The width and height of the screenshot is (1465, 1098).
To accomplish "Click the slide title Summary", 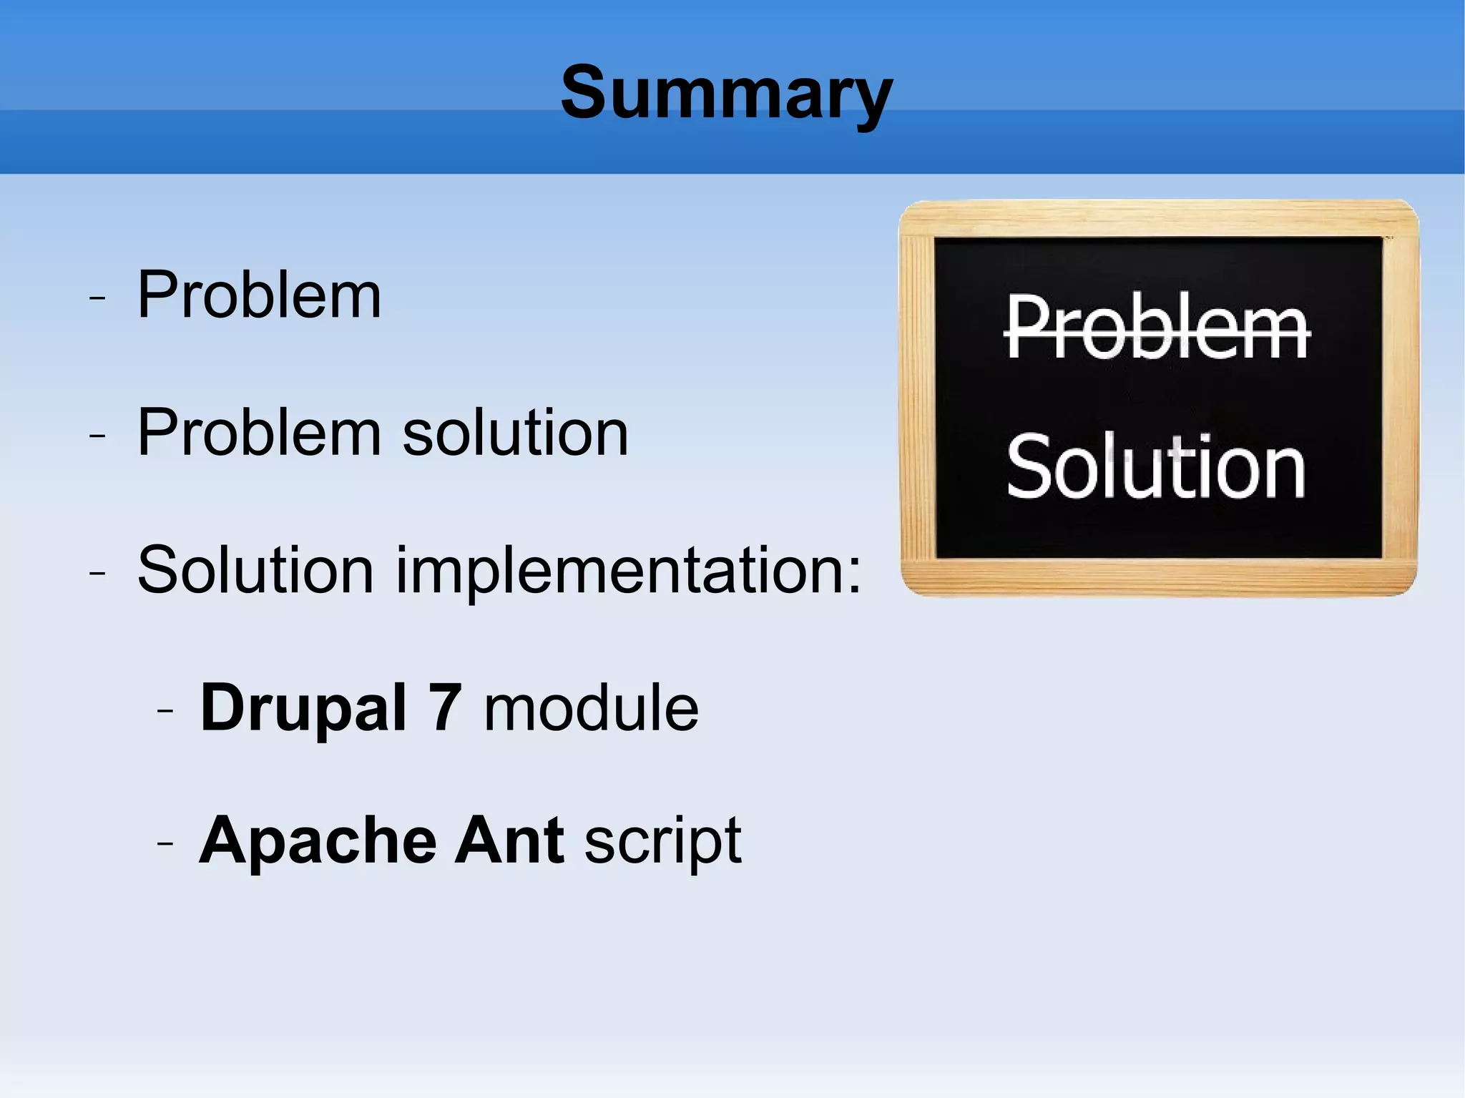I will point(726,93).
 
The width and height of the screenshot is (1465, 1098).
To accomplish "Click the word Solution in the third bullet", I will point(255,570).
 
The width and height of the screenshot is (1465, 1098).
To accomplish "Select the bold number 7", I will point(445,708).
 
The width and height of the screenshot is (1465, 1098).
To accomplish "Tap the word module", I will point(591,708).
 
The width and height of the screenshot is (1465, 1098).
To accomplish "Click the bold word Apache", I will point(318,841).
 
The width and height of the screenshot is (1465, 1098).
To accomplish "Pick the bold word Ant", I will point(509,841).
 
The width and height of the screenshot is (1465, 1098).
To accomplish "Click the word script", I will point(662,843).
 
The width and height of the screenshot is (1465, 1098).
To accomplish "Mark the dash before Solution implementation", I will point(97,573).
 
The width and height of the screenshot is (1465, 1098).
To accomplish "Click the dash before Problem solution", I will point(97,435).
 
